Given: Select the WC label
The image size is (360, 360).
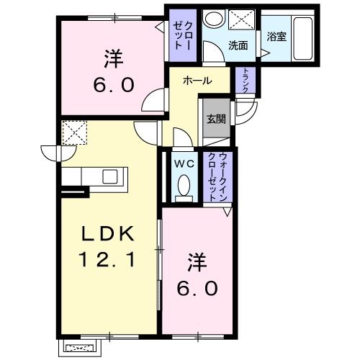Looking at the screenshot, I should (x=183, y=163).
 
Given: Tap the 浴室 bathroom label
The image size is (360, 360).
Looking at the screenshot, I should (x=276, y=37).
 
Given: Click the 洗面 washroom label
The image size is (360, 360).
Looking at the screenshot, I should (x=238, y=45).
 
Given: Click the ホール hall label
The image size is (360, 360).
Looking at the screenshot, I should (x=197, y=81).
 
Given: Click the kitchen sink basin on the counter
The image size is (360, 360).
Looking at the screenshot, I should (x=111, y=176).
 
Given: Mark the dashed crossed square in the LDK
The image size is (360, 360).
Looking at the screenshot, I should (x=73, y=132).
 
